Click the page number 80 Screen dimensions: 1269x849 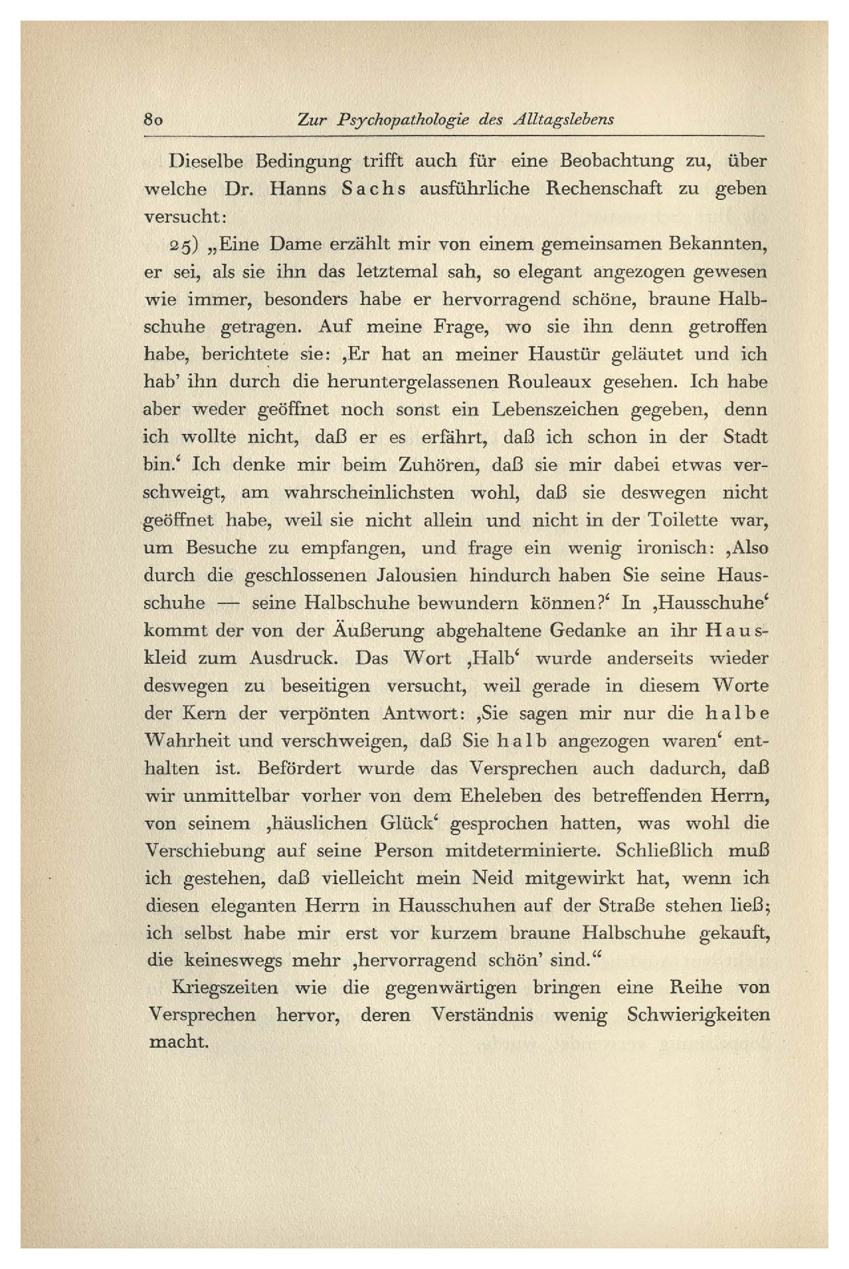[153, 120]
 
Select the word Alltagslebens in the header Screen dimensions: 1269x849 [563, 120]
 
